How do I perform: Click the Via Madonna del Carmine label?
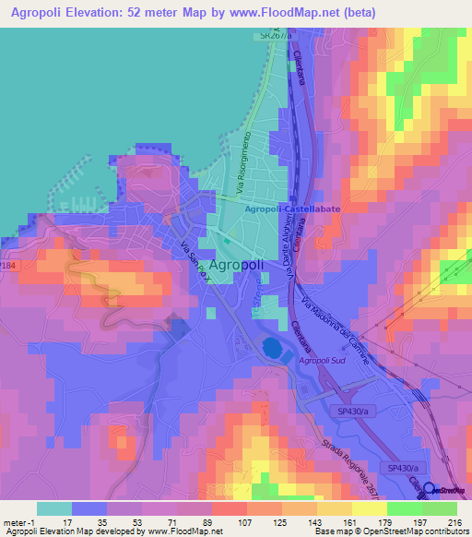[x=337, y=329]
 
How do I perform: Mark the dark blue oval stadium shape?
[x=274, y=349]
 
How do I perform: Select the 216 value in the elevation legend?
[x=453, y=522]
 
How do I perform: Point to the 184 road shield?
[x=7, y=266]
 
